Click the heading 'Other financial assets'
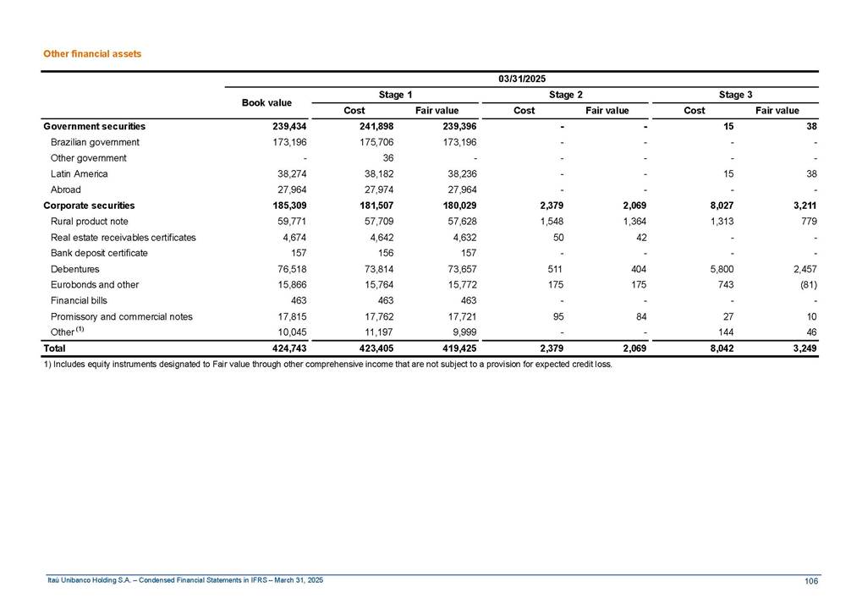pos(92,53)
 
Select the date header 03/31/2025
pos(521,79)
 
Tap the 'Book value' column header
pos(266,102)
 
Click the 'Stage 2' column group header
pos(563,95)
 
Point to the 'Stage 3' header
pos(733,95)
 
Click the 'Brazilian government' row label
pos(95,142)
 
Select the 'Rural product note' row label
pos(90,222)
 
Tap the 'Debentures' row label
pos(74,269)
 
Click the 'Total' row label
pos(54,347)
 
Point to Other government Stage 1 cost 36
pos(388,158)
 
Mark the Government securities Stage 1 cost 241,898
pos(375,126)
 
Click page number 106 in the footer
pos(811,580)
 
